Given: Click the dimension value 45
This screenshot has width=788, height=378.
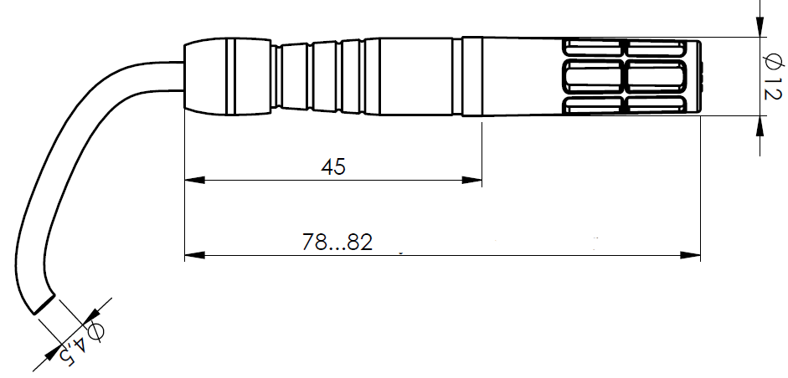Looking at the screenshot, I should tap(333, 167).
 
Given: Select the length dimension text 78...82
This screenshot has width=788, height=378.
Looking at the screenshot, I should tap(337, 243).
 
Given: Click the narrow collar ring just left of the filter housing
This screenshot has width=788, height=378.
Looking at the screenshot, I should tap(471, 76).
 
